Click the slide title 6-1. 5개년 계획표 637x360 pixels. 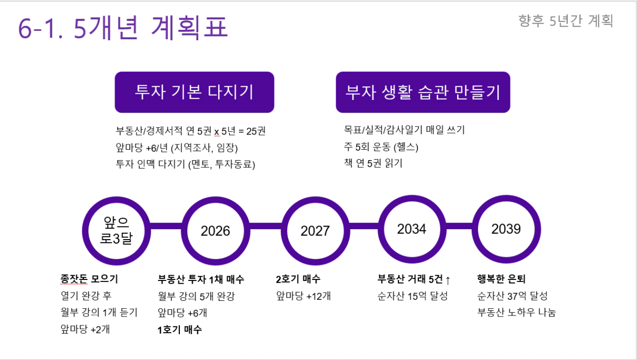[x=123, y=28]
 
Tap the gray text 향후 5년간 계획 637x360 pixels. [x=566, y=21]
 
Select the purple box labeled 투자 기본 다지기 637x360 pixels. [x=195, y=92]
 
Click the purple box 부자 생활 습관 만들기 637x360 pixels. [x=423, y=92]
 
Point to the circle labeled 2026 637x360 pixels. [x=215, y=231]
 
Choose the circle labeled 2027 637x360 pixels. [x=315, y=231]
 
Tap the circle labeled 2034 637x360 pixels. [x=412, y=229]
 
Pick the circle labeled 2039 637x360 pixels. [x=506, y=229]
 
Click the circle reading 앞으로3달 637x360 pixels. [x=116, y=231]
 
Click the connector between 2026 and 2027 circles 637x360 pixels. [x=266, y=226]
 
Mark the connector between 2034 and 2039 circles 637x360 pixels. [x=459, y=226]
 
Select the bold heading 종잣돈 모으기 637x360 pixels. [x=89, y=279]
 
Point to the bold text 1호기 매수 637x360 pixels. [x=180, y=330]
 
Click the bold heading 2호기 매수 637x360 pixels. [x=298, y=279]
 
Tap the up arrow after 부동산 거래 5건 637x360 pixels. [x=448, y=280]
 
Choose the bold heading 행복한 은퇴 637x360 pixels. [x=502, y=279]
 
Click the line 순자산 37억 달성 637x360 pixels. [x=513, y=296]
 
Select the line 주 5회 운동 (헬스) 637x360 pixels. [x=381, y=147]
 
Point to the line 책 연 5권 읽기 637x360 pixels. [x=373, y=163]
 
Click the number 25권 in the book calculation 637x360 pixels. [x=256, y=131]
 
